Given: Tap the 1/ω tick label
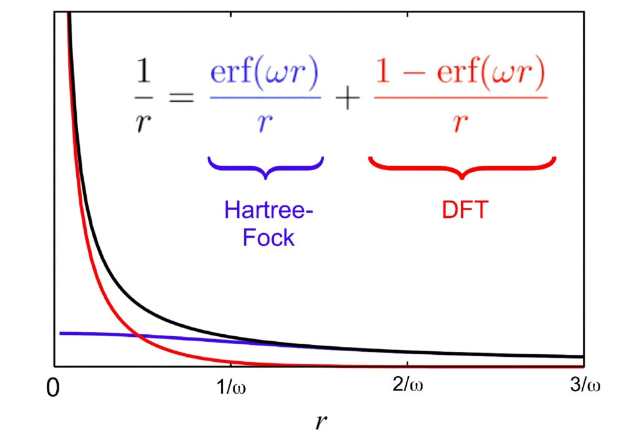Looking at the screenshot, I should pos(231,386).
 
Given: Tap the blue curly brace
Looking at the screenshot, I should pos(266,167).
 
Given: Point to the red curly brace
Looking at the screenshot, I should pos(462,167).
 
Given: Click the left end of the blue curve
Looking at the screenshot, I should pos(61,333).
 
